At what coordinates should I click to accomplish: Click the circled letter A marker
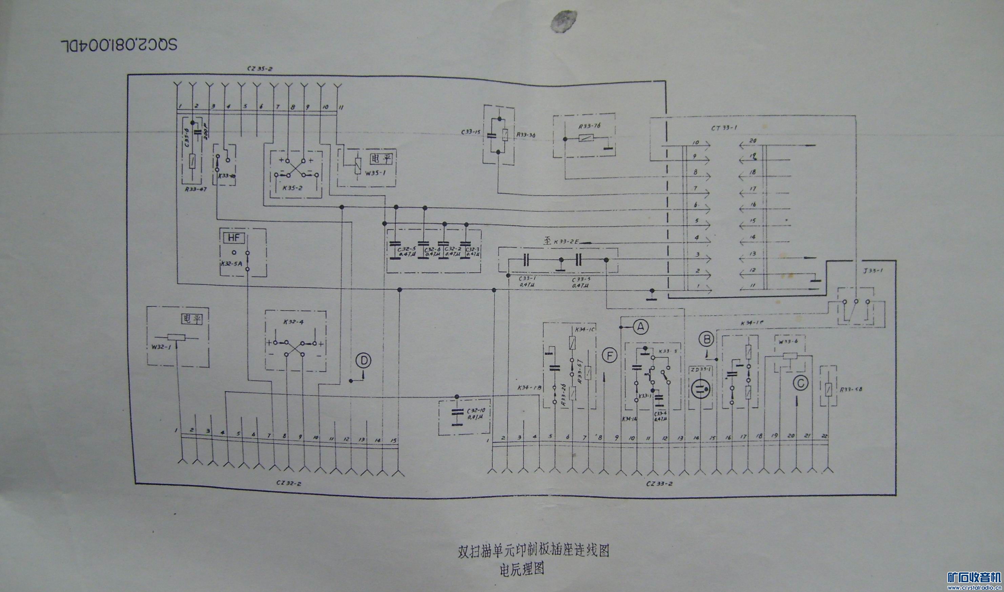[x=641, y=327]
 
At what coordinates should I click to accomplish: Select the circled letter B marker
[x=707, y=339]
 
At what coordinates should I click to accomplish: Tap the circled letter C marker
[x=800, y=383]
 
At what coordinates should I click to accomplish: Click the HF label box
[x=233, y=238]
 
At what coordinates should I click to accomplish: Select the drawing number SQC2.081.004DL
[x=119, y=45]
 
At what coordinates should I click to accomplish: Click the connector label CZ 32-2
[x=289, y=483]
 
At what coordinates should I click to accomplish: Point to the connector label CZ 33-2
[x=659, y=484]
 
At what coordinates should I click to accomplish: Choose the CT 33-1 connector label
[x=724, y=128]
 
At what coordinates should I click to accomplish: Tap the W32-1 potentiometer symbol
[x=177, y=337]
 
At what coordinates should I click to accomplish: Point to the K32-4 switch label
[x=294, y=321]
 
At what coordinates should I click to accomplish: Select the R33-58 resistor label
[x=851, y=389]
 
